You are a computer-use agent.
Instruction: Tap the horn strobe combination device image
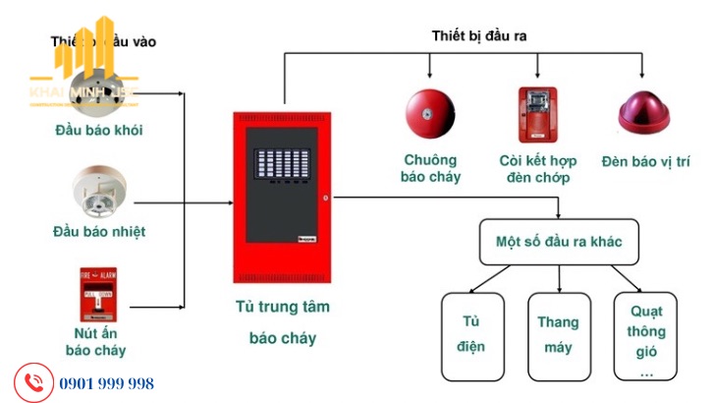pyautogui.click(x=536, y=114)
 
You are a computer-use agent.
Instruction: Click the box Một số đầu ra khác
pyautogui.click(x=560, y=241)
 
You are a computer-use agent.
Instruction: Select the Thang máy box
pyautogui.click(x=559, y=335)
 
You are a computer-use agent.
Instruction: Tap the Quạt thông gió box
pyautogui.click(x=646, y=335)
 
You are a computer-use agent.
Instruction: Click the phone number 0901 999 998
pyautogui.click(x=106, y=383)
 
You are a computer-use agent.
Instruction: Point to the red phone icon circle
pyautogui.click(x=32, y=381)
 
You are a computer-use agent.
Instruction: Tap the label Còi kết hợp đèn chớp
pyautogui.click(x=538, y=169)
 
